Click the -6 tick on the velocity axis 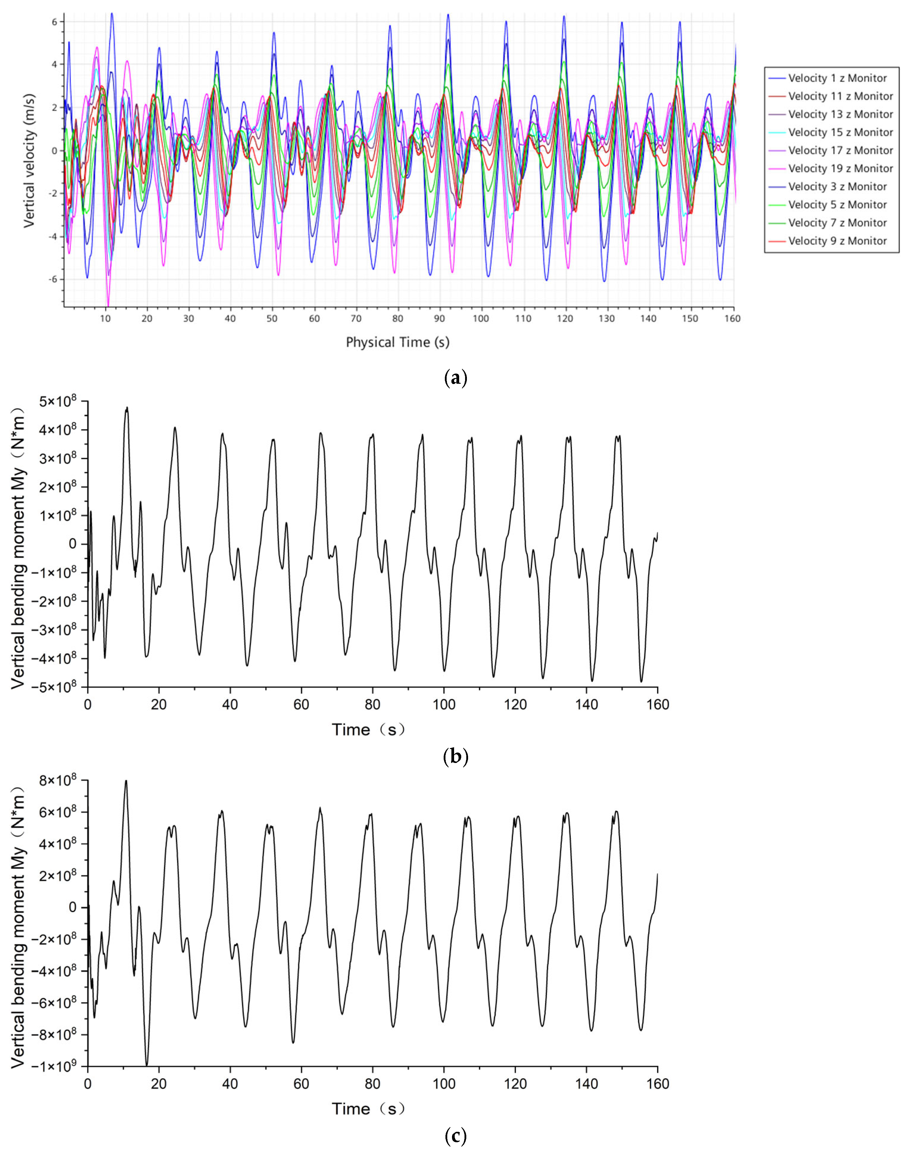pyautogui.click(x=54, y=280)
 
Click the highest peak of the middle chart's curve pyautogui.click(x=127, y=407)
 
